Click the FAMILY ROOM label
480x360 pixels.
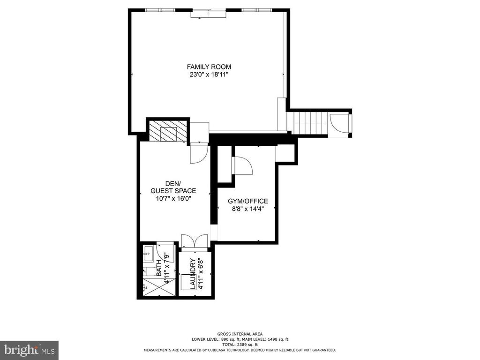209,67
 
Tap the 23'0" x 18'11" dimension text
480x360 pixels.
209,75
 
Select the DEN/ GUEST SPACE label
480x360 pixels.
173,187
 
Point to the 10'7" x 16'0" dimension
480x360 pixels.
173,199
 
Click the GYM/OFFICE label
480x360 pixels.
247,201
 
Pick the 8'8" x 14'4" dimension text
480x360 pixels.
247,209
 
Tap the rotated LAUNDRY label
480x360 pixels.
193,274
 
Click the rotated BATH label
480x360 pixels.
159,268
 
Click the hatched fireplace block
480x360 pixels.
168,131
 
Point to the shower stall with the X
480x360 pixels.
159,287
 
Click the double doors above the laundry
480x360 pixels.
195,240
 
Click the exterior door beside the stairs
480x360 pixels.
339,123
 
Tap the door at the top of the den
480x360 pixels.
199,153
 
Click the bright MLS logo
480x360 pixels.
29,350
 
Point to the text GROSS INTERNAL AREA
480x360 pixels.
240,334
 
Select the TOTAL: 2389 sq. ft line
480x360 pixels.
240,345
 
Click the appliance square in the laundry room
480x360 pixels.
187,282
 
